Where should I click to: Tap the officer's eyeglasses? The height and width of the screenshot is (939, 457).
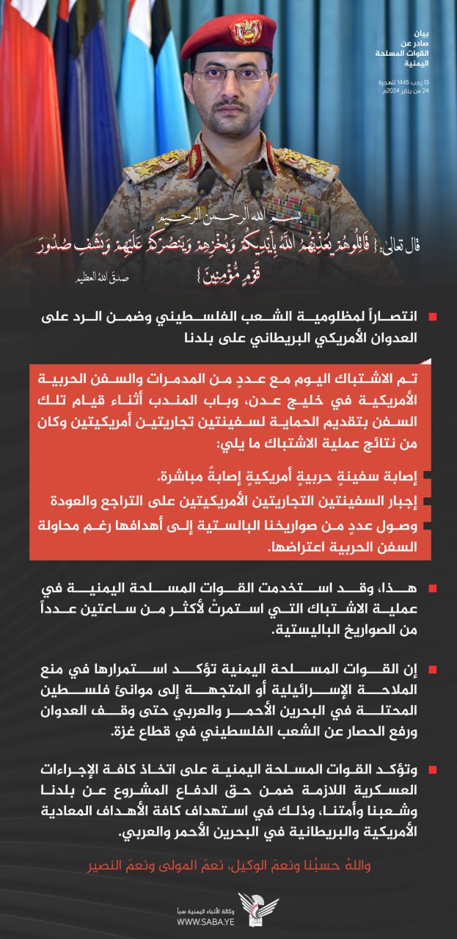[230, 75]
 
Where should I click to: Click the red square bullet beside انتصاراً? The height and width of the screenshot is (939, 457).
[433, 317]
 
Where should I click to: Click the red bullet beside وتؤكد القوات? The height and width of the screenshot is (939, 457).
[433, 770]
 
